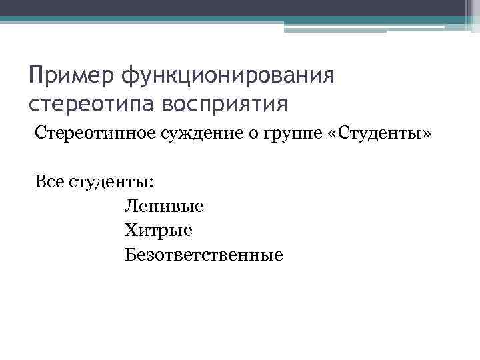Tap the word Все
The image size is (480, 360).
[x=49, y=181]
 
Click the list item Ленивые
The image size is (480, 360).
[x=164, y=206]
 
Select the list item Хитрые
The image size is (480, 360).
[x=158, y=230]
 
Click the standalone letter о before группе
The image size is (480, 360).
[x=247, y=136]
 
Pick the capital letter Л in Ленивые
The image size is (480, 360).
[x=129, y=206]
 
